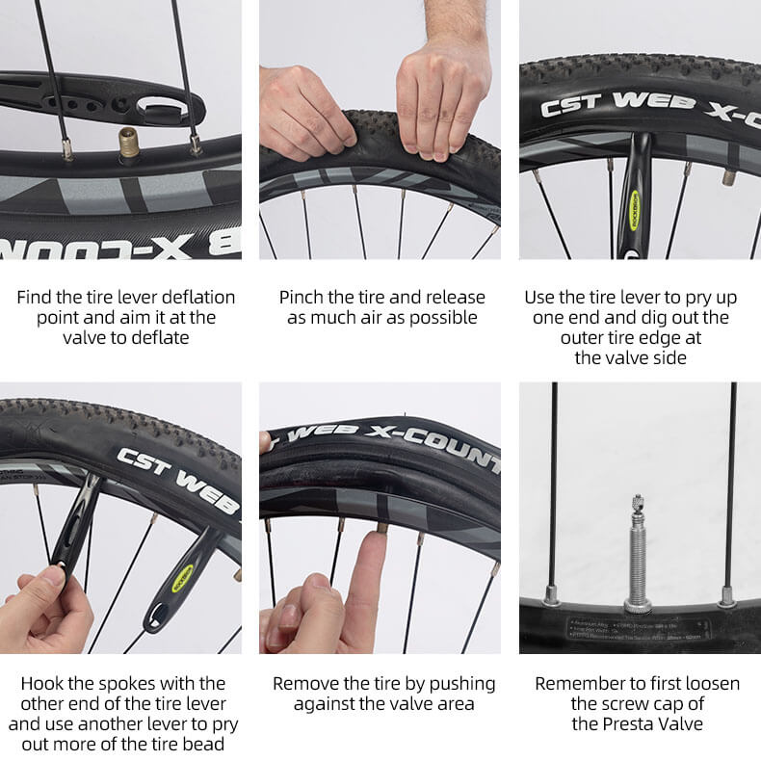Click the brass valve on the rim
tap(127, 147)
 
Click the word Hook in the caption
tap(44, 683)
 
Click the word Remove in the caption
tap(304, 683)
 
